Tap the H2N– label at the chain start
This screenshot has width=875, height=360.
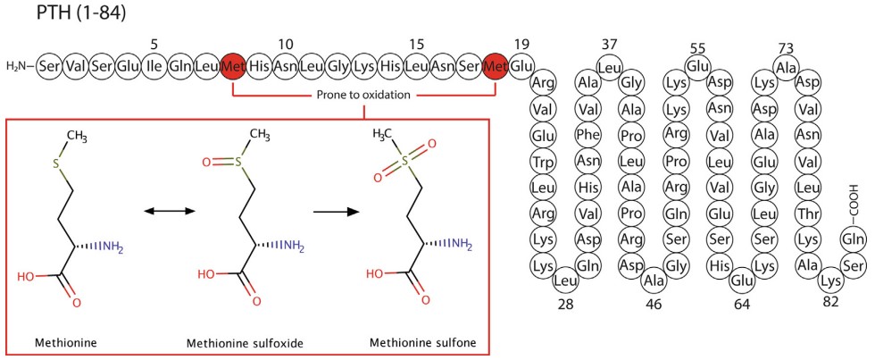(19, 66)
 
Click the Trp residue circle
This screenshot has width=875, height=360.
(541, 164)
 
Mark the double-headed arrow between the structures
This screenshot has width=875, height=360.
(169, 211)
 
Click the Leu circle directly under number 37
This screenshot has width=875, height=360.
(608, 66)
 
